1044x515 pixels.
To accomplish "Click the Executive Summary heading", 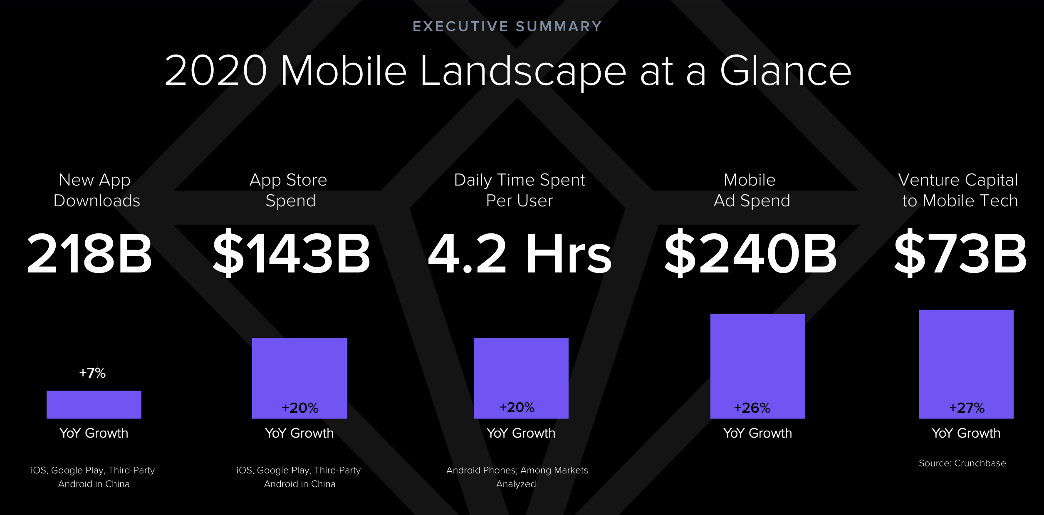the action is tap(507, 27).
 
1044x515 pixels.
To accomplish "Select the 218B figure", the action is tap(89, 253).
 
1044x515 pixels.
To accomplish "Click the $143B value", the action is tap(291, 253).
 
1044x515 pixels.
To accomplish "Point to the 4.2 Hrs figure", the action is tap(520, 253).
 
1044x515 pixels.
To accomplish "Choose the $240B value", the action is tap(750, 253).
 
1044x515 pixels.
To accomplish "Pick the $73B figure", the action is tap(960, 253).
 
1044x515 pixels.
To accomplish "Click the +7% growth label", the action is tap(92, 373).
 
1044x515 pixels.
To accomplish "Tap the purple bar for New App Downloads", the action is tap(94, 404).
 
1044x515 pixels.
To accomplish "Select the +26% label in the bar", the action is tap(752, 408).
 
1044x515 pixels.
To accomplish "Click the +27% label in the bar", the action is tap(967, 408).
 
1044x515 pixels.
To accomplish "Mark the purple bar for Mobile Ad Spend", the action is tap(758, 366).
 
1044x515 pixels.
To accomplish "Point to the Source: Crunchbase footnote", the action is tap(962, 463).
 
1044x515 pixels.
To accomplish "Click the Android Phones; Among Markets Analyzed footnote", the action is tap(517, 477).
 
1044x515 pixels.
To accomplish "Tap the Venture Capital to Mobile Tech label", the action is tap(958, 190).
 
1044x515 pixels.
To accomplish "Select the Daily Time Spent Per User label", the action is tap(520, 190).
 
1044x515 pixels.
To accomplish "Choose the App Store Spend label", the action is tap(289, 190).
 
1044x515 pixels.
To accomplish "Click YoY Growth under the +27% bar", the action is tap(966, 433).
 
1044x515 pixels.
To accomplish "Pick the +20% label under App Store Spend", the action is tap(300, 408).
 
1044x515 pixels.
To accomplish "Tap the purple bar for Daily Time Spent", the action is tap(521, 378).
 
